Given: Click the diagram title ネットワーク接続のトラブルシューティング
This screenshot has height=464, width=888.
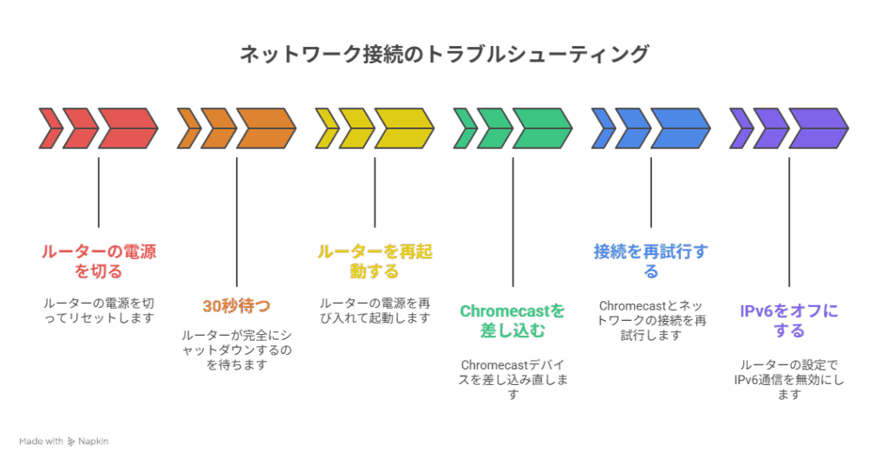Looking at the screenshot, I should coord(443,55).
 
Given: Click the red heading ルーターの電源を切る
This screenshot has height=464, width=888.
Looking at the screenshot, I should coord(98,261).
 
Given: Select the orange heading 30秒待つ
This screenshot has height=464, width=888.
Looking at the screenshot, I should coord(236,305).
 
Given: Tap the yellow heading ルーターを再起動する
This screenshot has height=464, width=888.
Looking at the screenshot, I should coord(375,261).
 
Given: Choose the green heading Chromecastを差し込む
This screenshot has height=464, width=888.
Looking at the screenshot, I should coord(512,320).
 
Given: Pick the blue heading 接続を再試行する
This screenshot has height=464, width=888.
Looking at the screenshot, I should coord(650,261).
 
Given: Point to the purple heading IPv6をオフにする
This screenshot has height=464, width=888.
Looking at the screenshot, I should coord(788,320).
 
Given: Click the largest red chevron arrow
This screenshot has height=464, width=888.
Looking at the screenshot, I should coord(127,128).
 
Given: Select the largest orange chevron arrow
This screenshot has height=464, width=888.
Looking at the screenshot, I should coord(265,128).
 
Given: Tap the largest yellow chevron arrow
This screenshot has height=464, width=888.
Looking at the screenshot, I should coord(403,128).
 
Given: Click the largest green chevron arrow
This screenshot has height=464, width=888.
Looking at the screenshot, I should coord(541,128).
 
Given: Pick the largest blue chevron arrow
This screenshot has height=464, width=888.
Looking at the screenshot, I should coord(680,128).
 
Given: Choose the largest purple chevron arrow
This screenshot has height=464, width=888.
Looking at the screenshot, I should coord(818,128).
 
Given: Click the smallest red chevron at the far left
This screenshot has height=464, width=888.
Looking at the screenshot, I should coord(49,128).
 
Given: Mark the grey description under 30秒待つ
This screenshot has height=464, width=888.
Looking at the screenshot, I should coord(236,350).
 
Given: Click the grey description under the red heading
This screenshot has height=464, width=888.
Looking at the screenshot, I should coord(98,310).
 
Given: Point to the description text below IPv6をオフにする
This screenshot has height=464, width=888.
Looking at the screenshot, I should coord(788,379).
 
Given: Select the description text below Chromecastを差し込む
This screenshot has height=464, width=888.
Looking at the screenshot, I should coord(512,379).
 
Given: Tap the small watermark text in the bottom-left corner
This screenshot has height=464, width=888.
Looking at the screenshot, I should coord(63,441).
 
